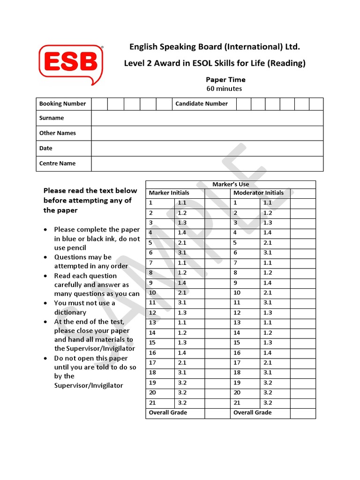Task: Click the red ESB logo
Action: (x=70, y=64)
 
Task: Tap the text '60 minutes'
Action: (x=224, y=89)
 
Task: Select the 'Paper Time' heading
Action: (x=225, y=80)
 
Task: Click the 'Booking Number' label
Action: (x=62, y=104)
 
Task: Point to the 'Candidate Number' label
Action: (x=201, y=104)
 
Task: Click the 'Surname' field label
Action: (x=52, y=118)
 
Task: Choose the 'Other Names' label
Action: (x=57, y=133)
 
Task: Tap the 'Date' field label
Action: (x=46, y=148)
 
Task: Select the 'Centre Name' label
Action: (x=57, y=164)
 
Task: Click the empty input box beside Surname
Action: (x=207, y=118)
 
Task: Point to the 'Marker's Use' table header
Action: (x=231, y=184)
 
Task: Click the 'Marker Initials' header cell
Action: (x=169, y=193)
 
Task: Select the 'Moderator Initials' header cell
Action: (x=258, y=193)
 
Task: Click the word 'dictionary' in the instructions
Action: (x=70, y=312)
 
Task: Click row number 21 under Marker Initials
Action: (x=152, y=403)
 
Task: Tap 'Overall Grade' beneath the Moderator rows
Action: (x=252, y=412)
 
